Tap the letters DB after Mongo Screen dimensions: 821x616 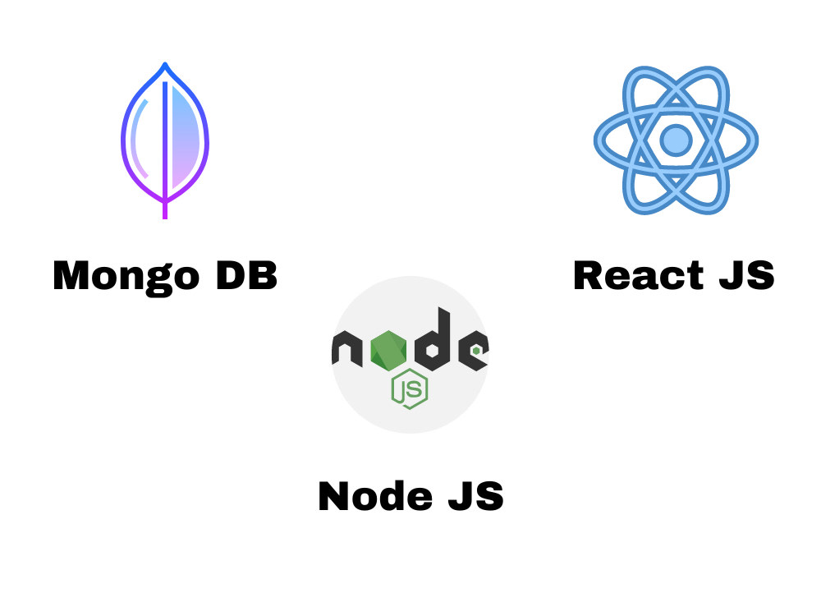click(x=246, y=275)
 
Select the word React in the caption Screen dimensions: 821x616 click(x=639, y=275)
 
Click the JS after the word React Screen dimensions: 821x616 click(x=746, y=275)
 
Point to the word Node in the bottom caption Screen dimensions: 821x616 click(x=375, y=495)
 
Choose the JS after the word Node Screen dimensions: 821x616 click(x=476, y=495)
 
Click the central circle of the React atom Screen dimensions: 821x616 click(x=676, y=140)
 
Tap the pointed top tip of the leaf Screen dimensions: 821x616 click(x=165, y=63)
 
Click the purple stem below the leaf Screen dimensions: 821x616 click(x=165, y=210)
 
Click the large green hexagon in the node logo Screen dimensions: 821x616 click(x=388, y=351)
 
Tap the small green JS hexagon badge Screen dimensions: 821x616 click(x=410, y=389)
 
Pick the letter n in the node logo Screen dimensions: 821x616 click(x=347, y=348)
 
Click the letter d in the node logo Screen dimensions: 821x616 click(x=433, y=340)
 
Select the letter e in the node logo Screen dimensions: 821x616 click(x=474, y=351)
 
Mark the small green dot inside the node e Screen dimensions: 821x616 click(x=476, y=351)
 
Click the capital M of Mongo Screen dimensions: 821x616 click(x=72, y=275)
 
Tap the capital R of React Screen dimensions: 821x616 click(x=589, y=275)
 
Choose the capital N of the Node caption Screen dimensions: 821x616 click(x=335, y=495)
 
